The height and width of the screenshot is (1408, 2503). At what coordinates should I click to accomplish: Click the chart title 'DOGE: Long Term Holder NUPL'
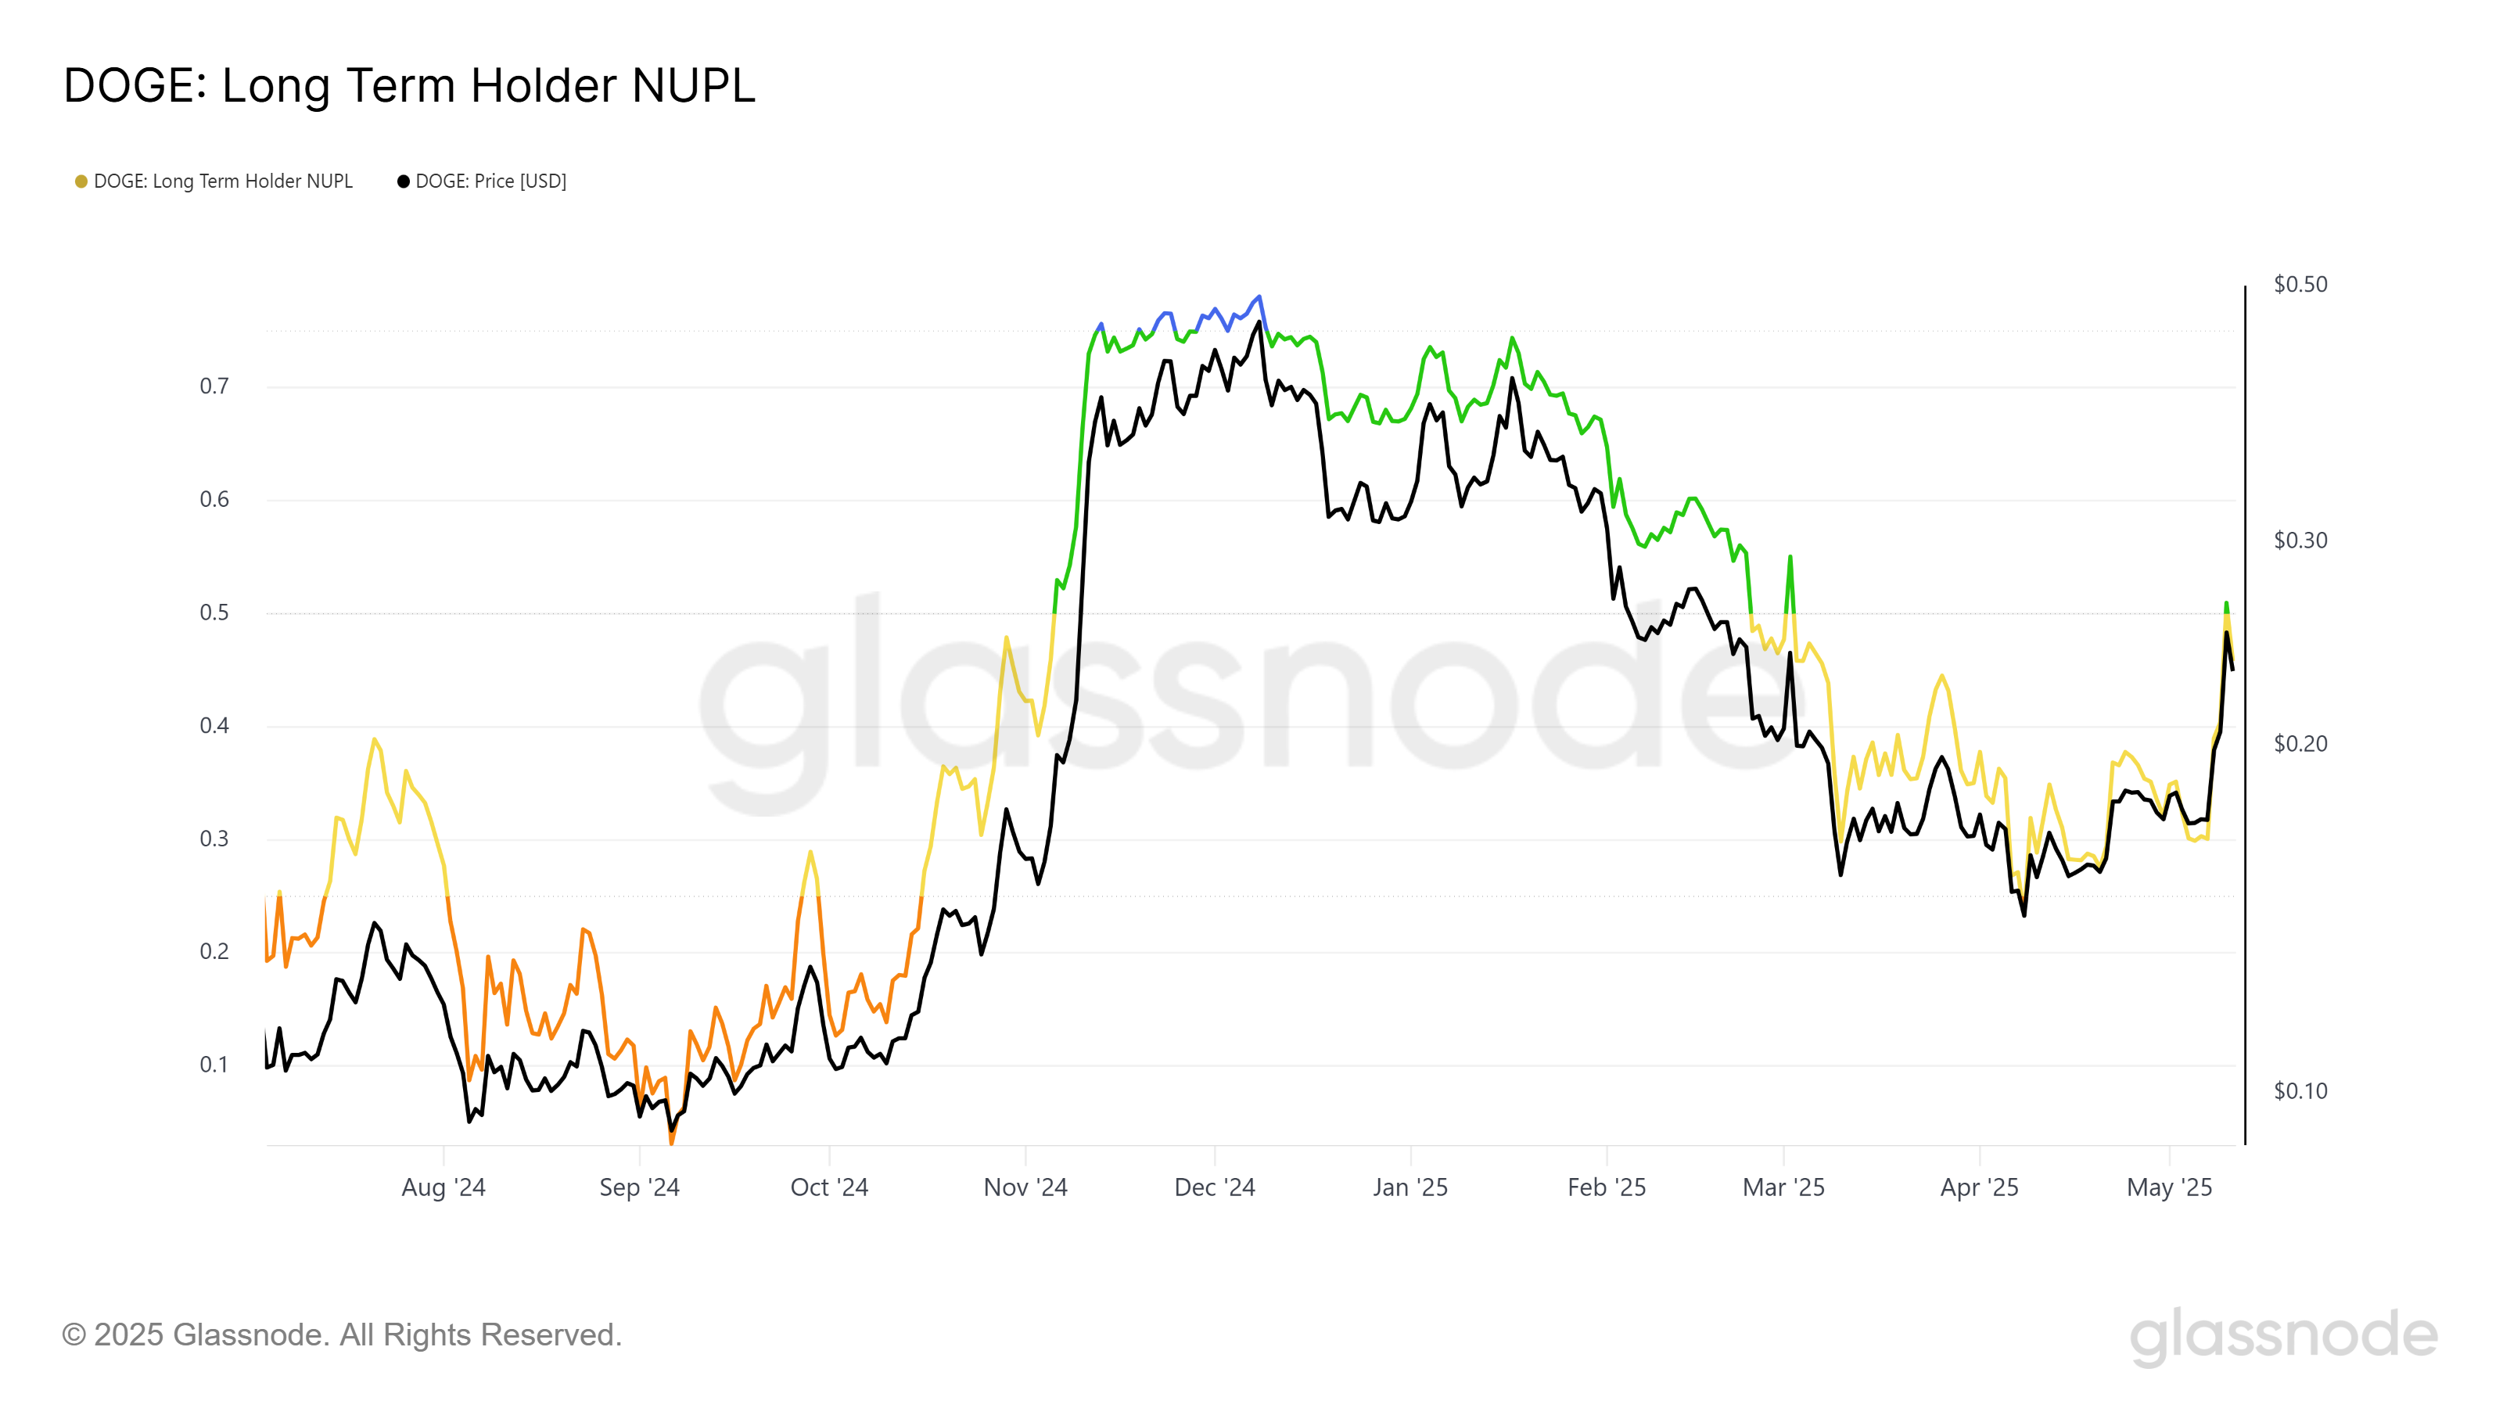[409, 85]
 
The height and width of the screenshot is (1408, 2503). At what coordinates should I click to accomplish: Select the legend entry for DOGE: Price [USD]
[490, 181]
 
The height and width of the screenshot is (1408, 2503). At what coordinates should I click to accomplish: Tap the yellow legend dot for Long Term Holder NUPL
[81, 181]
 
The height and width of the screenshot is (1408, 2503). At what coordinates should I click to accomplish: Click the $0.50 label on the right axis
[2300, 285]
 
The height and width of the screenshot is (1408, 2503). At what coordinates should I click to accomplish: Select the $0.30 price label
[2300, 541]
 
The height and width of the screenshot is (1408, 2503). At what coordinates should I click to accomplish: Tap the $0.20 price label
[2300, 745]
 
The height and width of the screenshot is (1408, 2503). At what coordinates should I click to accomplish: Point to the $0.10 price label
[2300, 1091]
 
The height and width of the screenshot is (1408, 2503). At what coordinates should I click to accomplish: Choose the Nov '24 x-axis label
[1025, 1187]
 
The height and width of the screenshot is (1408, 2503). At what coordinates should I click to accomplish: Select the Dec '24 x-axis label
[1215, 1187]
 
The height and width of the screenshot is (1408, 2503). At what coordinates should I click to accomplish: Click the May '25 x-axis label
[2169, 1187]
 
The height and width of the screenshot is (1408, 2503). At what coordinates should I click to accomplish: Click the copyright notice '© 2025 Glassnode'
[341, 1335]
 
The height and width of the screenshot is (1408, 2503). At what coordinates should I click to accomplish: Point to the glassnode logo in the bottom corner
[2283, 1336]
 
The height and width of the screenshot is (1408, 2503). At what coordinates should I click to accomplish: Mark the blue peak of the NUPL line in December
[1259, 296]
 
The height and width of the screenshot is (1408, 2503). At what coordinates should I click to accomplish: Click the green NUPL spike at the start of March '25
[1790, 558]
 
